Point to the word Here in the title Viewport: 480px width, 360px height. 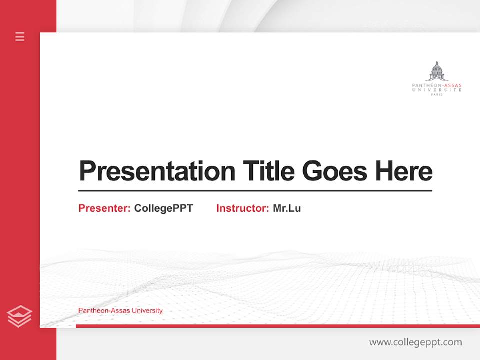pos(404,171)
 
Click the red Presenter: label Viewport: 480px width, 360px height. pos(104,208)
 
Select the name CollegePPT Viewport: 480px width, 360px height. pos(163,208)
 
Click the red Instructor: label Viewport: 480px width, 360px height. pos(242,208)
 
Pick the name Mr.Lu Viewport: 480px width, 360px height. pos(287,208)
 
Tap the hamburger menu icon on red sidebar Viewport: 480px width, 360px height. pos(20,36)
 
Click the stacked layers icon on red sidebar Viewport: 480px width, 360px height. pos(19,316)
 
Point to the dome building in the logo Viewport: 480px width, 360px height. pos(437,72)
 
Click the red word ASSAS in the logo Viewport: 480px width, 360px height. pos(452,85)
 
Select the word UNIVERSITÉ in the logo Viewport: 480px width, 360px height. pos(437,90)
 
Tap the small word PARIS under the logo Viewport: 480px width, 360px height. pos(437,94)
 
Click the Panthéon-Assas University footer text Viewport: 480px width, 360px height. pos(120,311)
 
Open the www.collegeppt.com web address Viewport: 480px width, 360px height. pos(415,342)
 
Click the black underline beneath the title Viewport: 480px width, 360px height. pos(255,191)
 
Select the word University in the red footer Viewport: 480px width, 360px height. pos(148,311)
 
